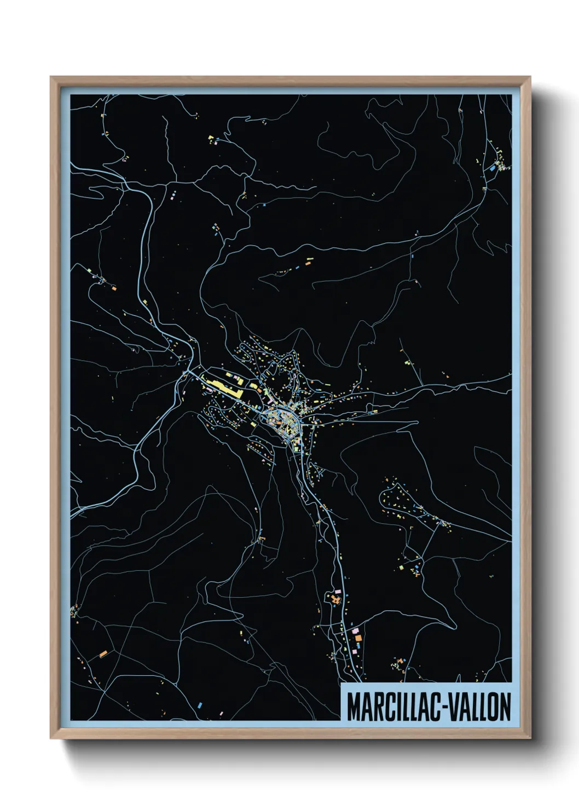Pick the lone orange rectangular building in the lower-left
point(103,653)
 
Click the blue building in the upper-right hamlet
point(493,169)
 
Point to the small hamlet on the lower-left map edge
point(74,609)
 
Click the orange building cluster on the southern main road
point(335,599)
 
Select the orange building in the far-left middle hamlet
point(114,287)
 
